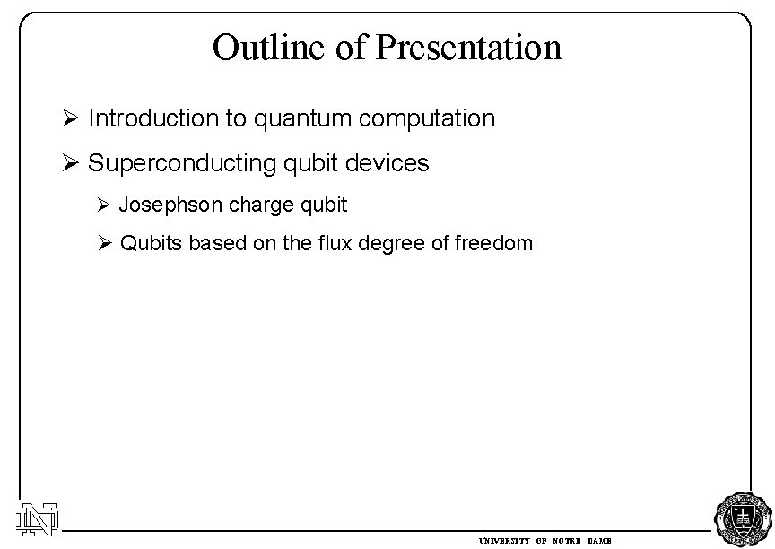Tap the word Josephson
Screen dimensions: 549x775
click(170, 205)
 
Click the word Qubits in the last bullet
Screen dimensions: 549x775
click(151, 243)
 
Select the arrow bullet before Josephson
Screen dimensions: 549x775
click(104, 205)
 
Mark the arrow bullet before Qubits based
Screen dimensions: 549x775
click(104, 243)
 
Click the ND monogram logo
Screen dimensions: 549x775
click(37, 517)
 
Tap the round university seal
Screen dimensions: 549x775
click(740, 518)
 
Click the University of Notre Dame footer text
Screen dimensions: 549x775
click(544, 542)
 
